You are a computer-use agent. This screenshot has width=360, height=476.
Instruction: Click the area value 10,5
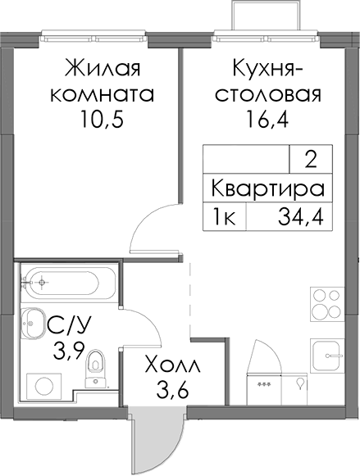[102, 119]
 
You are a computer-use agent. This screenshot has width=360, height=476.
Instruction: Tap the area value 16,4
[267, 119]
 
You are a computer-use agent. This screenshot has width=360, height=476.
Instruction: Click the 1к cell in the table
[225, 217]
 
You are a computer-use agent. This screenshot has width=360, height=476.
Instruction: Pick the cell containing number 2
[311, 159]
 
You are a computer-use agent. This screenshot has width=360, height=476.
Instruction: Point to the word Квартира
[267, 188]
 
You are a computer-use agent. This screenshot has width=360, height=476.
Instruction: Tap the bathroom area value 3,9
[67, 351]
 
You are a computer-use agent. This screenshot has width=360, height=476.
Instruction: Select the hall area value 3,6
[172, 389]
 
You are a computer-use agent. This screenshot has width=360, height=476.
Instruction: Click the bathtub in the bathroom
[68, 283]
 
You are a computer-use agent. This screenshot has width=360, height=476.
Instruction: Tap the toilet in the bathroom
[95, 369]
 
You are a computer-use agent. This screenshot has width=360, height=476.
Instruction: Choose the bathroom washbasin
[32, 323]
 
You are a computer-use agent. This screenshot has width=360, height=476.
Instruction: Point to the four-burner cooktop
[327, 304]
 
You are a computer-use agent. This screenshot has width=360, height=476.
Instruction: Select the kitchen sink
[327, 356]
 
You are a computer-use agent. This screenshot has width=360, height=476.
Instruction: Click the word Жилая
[102, 69]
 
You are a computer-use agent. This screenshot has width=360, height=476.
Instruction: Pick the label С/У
[69, 326]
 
